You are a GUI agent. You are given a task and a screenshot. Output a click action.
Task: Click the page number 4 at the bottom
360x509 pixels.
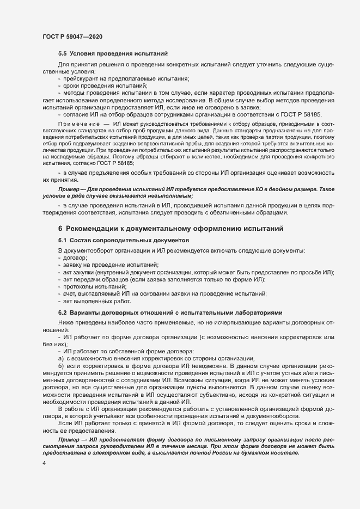pyautogui.click(x=44, y=463)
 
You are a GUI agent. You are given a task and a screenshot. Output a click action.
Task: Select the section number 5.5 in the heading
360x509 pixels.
pyautogui.click(x=63, y=53)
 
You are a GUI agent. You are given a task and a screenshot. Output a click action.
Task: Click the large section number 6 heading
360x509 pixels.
pyautogui.click(x=61, y=229)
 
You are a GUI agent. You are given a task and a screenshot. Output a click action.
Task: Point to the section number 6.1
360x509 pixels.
pyautogui.click(x=63, y=240)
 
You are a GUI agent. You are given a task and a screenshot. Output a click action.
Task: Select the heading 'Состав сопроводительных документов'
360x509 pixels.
pyautogui.click(x=130, y=240)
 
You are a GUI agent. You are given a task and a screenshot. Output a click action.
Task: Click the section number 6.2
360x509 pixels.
pyautogui.click(x=63, y=312)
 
